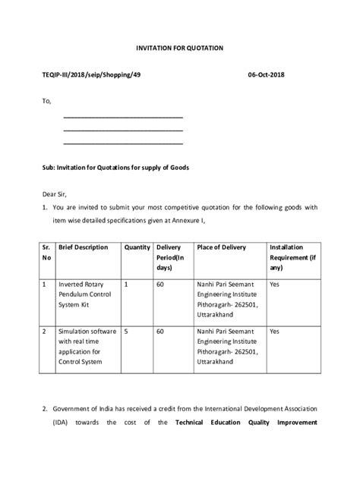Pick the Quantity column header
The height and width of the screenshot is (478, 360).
[x=137, y=247]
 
